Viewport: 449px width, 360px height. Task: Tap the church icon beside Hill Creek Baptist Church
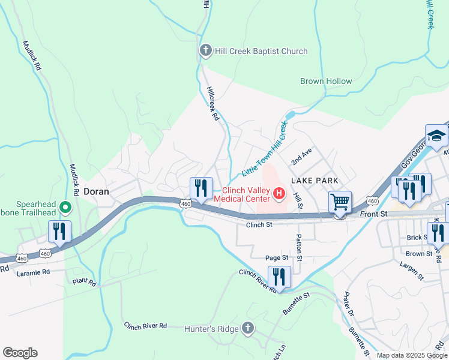(205, 50)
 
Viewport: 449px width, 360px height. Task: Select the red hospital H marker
(279, 194)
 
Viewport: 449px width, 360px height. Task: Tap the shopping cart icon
(340, 202)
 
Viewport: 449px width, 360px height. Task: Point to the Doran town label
(95, 192)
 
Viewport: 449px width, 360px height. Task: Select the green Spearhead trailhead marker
(65, 209)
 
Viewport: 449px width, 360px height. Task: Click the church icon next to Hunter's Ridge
(249, 328)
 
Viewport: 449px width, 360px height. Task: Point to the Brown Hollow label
(326, 81)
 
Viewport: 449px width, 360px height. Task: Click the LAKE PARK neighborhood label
(315, 181)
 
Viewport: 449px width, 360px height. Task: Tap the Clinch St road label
(259, 225)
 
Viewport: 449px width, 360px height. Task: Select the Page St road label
(277, 257)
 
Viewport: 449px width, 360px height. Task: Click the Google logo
(20, 353)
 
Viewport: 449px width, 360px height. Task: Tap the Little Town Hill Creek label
(265, 148)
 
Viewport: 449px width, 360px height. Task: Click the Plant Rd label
(84, 281)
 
